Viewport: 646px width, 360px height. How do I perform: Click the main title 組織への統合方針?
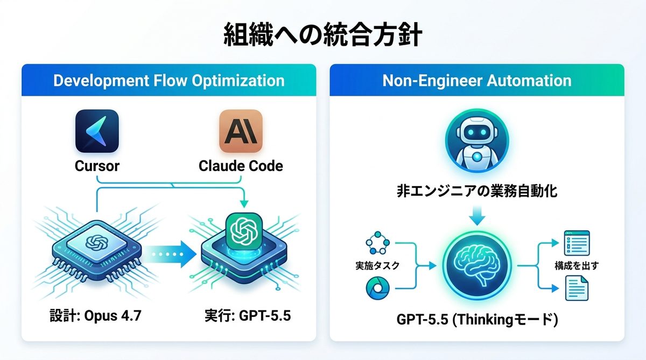pyautogui.click(x=322, y=36)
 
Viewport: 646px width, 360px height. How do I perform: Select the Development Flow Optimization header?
pyautogui.click(x=168, y=81)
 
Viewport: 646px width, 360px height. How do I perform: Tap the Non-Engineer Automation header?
pyautogui.click(x=476, y=81)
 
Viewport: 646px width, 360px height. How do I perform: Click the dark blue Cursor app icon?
pyautogui.click(x=97, y=131)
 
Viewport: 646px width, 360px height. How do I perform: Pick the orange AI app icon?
pyautogui.click(x=241, y=131)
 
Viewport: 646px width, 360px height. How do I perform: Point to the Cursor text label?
pyautogui.click(x=97, y=166)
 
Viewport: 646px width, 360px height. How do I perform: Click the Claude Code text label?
pyautogui.click(x=241, y=166)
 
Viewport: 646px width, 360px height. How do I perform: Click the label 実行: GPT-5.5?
pyautogui.click(x=248, y=315)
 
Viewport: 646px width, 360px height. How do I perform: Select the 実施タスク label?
pyautogui.click(x=378, y=265)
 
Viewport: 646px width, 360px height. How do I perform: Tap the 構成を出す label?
pyautogui.click(x=577, y=265)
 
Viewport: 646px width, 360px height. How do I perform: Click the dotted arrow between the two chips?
pyautogui.click(x=171, y=252)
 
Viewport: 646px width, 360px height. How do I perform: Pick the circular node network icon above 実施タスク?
pyautogui.click(x=377, y=244)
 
